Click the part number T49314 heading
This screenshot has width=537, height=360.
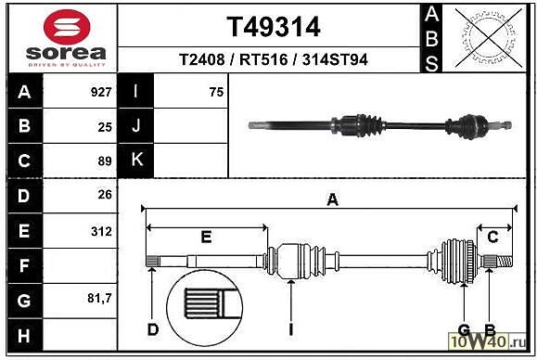(x=274, y=27)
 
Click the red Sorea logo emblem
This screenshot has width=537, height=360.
(x=67, y=27)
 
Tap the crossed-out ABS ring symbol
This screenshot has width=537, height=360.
(x=489, y=38)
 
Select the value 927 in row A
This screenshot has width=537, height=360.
(x=101, y=92)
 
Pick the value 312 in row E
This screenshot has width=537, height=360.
(x=101, y=232)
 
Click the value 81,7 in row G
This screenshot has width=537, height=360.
(x=99, y=299)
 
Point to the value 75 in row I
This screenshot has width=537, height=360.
(x=216, y=92)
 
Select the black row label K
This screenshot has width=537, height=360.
(x=137, y=160)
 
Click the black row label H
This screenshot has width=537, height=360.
(x=24, y=336)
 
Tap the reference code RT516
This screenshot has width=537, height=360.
(x=263, y=59)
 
